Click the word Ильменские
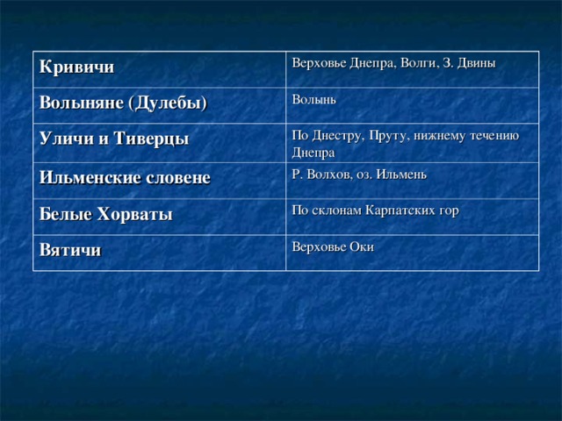click(x=90, y=177)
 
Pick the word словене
click(x=178, y=177)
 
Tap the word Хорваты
click(x=133, y=214)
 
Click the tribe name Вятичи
click(x=69, y=250)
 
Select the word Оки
click(x=362, y=246)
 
